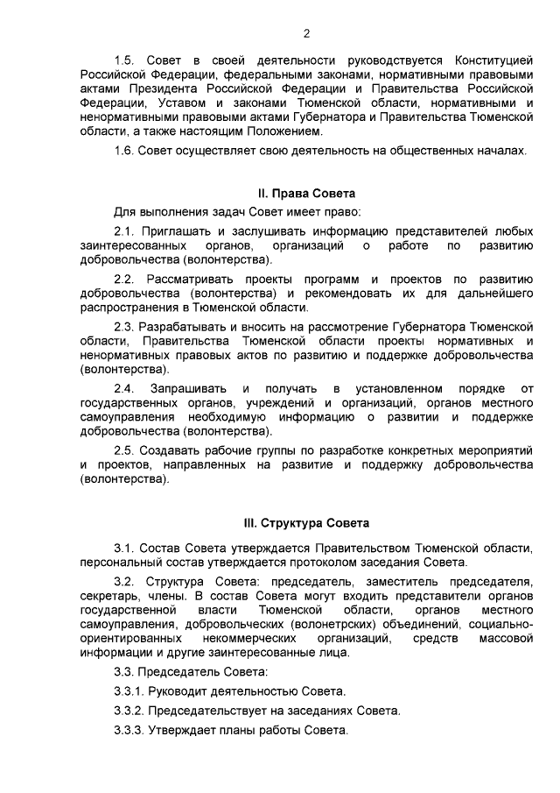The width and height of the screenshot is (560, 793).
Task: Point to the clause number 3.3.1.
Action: (129, 691)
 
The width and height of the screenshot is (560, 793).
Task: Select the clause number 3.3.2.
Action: (129, 711)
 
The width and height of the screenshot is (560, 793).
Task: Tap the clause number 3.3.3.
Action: (129, 731)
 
